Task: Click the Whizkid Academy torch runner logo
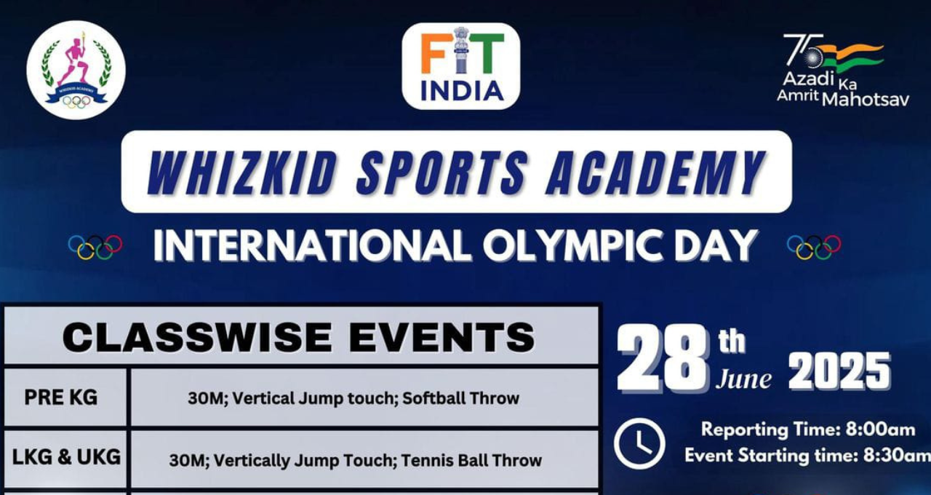[76, 70]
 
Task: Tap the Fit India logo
[461, 66]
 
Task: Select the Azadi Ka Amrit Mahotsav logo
[843, 71]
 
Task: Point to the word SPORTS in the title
[442, 173]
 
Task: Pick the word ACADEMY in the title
[656, 173]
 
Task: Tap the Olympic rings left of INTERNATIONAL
[95, 247]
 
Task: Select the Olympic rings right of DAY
[814, 247]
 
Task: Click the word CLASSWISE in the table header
[197, 337]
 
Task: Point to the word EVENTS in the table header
[441, 337]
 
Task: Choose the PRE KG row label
[60, 397]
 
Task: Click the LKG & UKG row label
[66, 457]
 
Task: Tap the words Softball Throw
[461, 398]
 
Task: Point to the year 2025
[839, 371]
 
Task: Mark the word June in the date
[743, 379]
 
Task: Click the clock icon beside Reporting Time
[639, 443]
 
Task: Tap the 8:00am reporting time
[880, 429]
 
